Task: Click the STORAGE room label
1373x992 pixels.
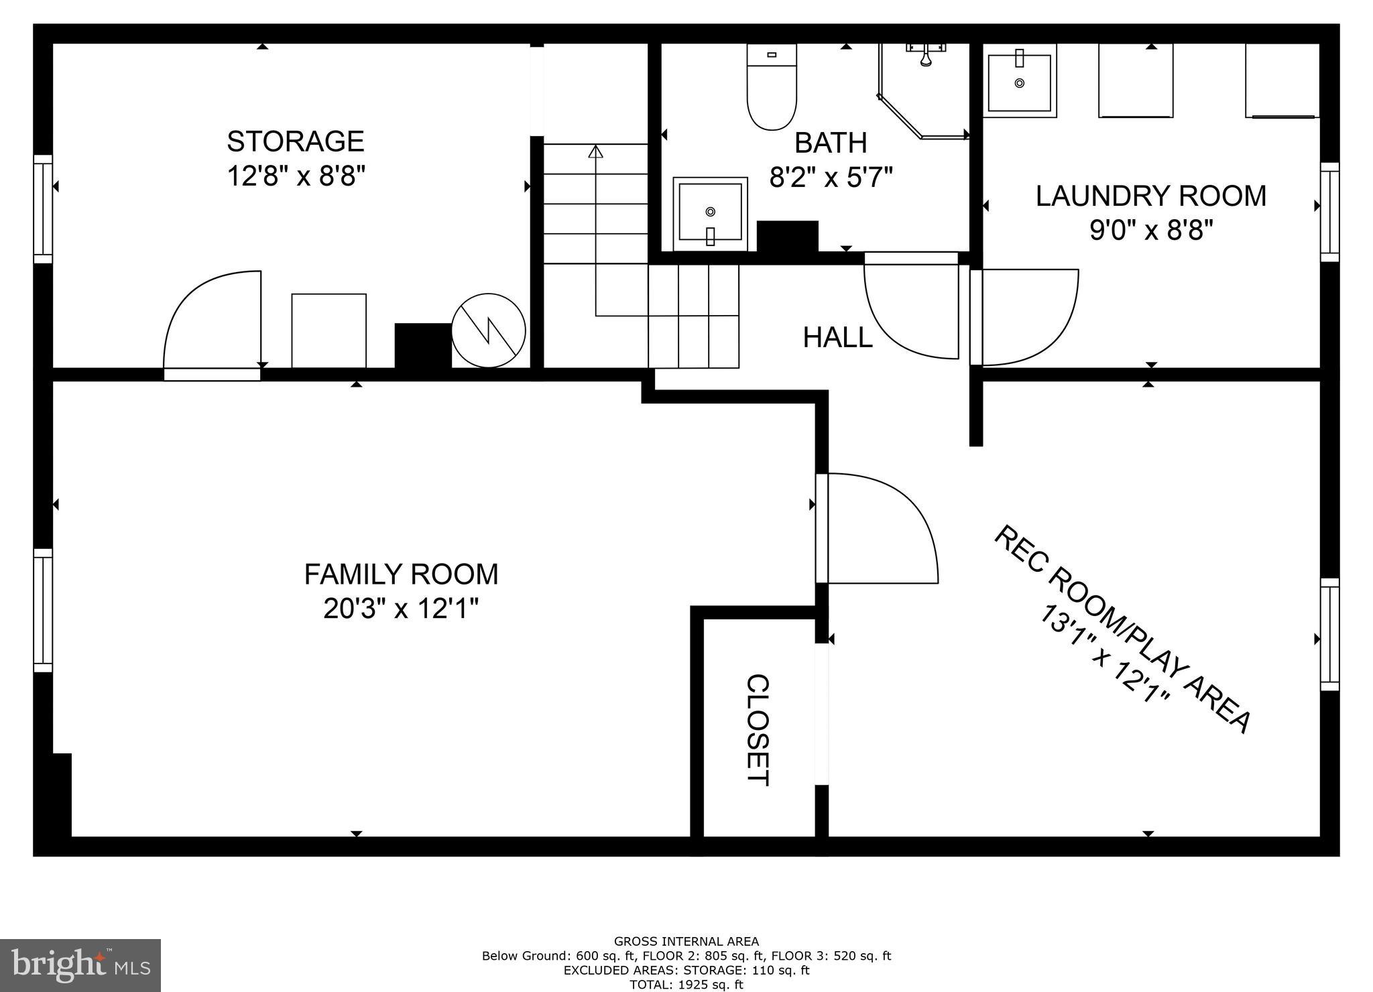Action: pyautogui.click(x=295, y=141)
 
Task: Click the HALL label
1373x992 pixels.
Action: pyautogui.click(x=837, y=337)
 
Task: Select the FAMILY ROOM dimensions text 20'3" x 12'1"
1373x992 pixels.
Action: pyautogui.click(x=400, y=609)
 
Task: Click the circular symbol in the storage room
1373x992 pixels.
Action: pyautogui.click(x=488, y=330)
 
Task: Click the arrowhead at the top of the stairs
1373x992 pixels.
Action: pyautogui.click(x=595, y=151)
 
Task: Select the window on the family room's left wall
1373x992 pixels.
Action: pyautogui.click(x=43, y=610)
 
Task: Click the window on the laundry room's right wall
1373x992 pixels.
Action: pyautogui.click(x=1329, y=212)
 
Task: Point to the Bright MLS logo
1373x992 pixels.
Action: pyautogui.click(x=80, y=965)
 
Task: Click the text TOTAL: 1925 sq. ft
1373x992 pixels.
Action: pyautogui.click(x=686, y=985)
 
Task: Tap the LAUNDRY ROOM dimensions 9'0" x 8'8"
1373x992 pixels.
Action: pyautogui.click(x=1151, y=231)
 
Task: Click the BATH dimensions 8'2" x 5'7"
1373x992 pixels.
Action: pyautogui.click(x=831, y=178)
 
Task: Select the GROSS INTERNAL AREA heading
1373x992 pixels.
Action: pyautogui.click(x=686, y=942)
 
